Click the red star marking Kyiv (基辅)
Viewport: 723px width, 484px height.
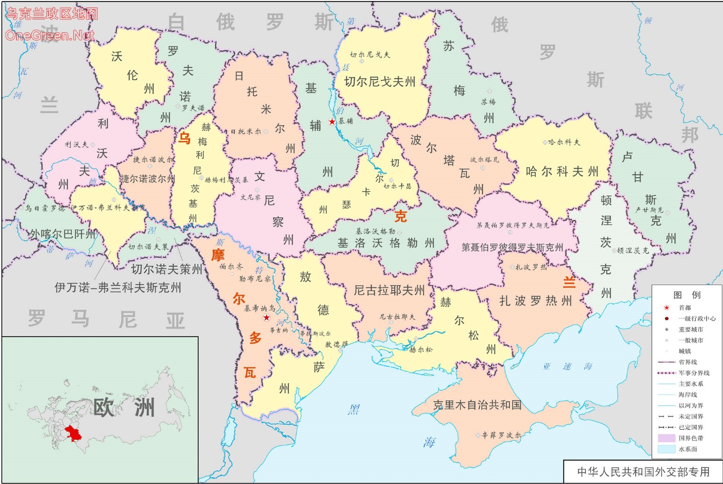tap(332, 122)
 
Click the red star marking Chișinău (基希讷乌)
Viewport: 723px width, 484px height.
tap(267, 317)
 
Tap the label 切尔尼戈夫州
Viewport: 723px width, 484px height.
tap(379, 82)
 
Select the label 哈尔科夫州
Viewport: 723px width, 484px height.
tap(562, 172)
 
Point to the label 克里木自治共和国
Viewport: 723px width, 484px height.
tap(477, 405)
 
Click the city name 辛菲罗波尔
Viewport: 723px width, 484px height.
tap(501, 435)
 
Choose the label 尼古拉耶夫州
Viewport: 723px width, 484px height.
tap(389, 290)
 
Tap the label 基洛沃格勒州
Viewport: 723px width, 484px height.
tap(386, 243)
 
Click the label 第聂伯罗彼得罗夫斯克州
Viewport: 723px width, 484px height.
tap(512, 248)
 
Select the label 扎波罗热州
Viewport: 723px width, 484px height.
tap(536, 301)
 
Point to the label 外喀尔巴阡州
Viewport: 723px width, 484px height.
tap(62, 234)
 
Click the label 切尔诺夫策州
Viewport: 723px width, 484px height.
tap(166, 269)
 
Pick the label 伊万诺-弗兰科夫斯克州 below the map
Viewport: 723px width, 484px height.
tap(117, 288)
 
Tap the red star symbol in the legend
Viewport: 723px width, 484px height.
tap(666, 308)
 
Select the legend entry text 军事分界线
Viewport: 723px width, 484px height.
tap(694, 373)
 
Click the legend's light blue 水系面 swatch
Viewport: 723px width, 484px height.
tap(666, 449)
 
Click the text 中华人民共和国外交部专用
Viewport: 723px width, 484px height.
tap(643, 472)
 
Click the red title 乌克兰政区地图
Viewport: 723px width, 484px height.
tap(51, 14)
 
